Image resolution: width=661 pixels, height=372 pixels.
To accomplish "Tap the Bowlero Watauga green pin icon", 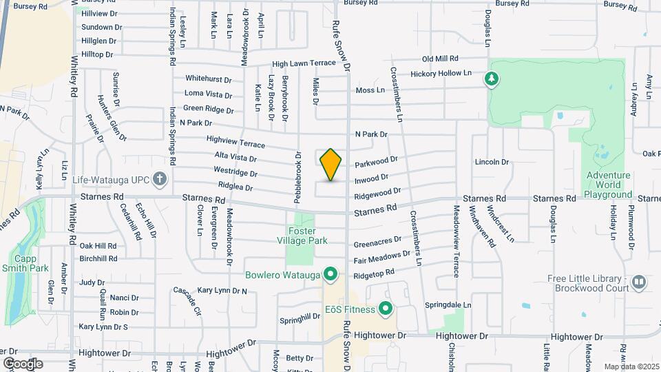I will click(x=331, y=275).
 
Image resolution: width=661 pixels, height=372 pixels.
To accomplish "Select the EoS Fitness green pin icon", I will click(x=386, y=309).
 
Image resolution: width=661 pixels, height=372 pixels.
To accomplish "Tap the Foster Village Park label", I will click(x=307, y=236).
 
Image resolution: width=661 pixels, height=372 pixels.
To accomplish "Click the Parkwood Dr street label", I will click(x=377, y=162).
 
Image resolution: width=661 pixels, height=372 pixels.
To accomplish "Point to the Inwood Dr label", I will click(x=372, y=179).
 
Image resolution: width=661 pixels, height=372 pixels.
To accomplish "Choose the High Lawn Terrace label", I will click(x=304, y=63).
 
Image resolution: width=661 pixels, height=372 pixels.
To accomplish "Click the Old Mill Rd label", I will click(x=440, y=59).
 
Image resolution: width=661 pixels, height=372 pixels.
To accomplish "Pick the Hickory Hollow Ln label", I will click(x=441, y=73).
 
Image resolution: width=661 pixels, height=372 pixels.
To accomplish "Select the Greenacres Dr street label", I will click(x=377, y=241).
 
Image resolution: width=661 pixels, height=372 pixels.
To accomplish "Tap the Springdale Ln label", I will click(x=467, y=304).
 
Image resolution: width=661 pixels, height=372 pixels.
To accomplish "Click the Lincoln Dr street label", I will click(x=492, y=163).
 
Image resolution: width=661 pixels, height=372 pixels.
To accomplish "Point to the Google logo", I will click(x=23, y=363).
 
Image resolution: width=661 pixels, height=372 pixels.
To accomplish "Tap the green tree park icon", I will click(x=492, y=79).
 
